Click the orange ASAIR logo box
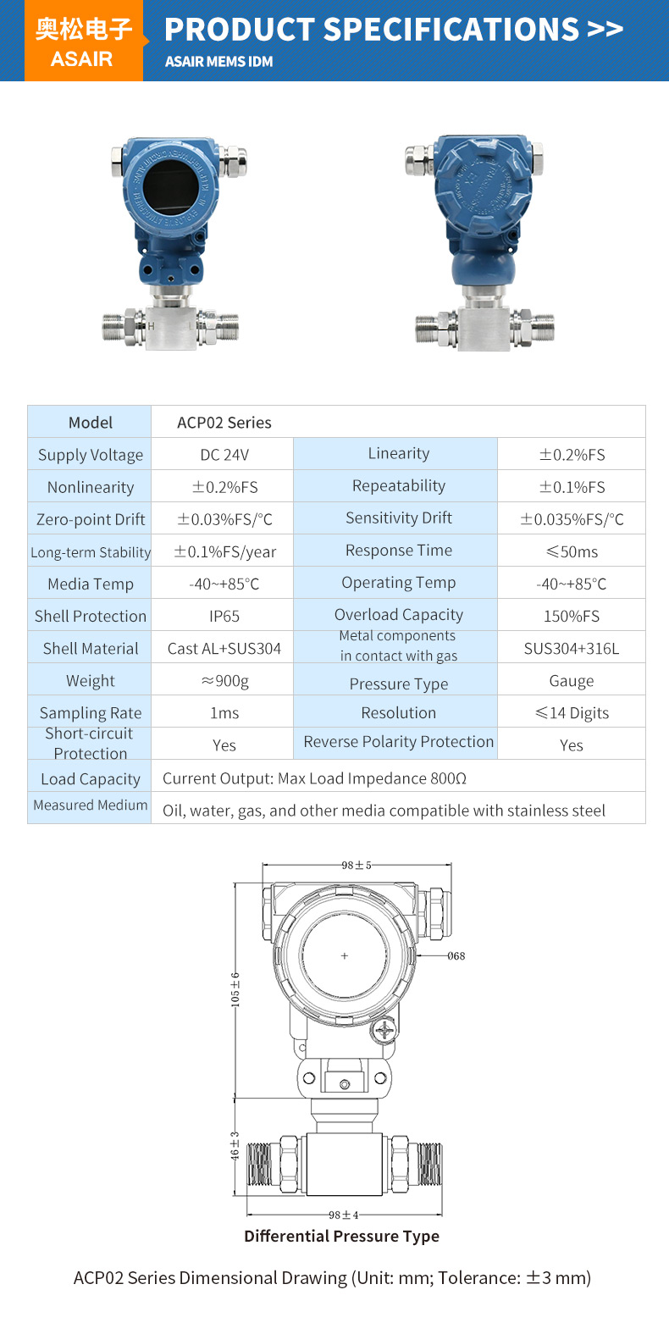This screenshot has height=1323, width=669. [84, 41]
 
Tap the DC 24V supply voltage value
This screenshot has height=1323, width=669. [224, 455]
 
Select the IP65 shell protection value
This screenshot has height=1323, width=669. [224, 616]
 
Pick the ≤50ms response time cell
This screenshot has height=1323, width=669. [572, 551]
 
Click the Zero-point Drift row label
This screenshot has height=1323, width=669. [91, 519]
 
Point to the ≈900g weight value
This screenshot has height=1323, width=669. [224, 680]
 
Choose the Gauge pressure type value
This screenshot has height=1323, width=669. [572, 680]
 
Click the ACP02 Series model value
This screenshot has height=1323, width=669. [224, 422]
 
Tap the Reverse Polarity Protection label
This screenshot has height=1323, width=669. [398, 742]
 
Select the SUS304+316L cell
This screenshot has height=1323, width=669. [572, 649]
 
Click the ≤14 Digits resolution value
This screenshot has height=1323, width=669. [572, 712]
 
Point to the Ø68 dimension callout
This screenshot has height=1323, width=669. [456, 956]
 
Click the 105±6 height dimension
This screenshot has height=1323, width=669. [235, 988]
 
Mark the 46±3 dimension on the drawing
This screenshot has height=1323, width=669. [235, 1145]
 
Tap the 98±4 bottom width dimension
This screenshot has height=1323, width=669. [344, 1215]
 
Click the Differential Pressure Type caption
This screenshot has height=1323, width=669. [341, 1236]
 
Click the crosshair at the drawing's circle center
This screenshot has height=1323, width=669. [344, 956]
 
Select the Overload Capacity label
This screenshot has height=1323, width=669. [398, 615]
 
